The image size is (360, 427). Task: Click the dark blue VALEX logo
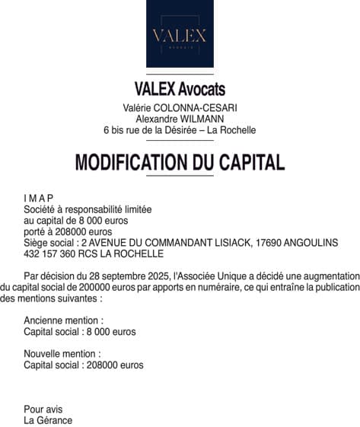point(180,33)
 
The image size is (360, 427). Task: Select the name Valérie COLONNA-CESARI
point(180,108)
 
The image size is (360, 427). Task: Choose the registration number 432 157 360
point(49,253)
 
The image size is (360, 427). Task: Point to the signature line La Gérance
point(48,419)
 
